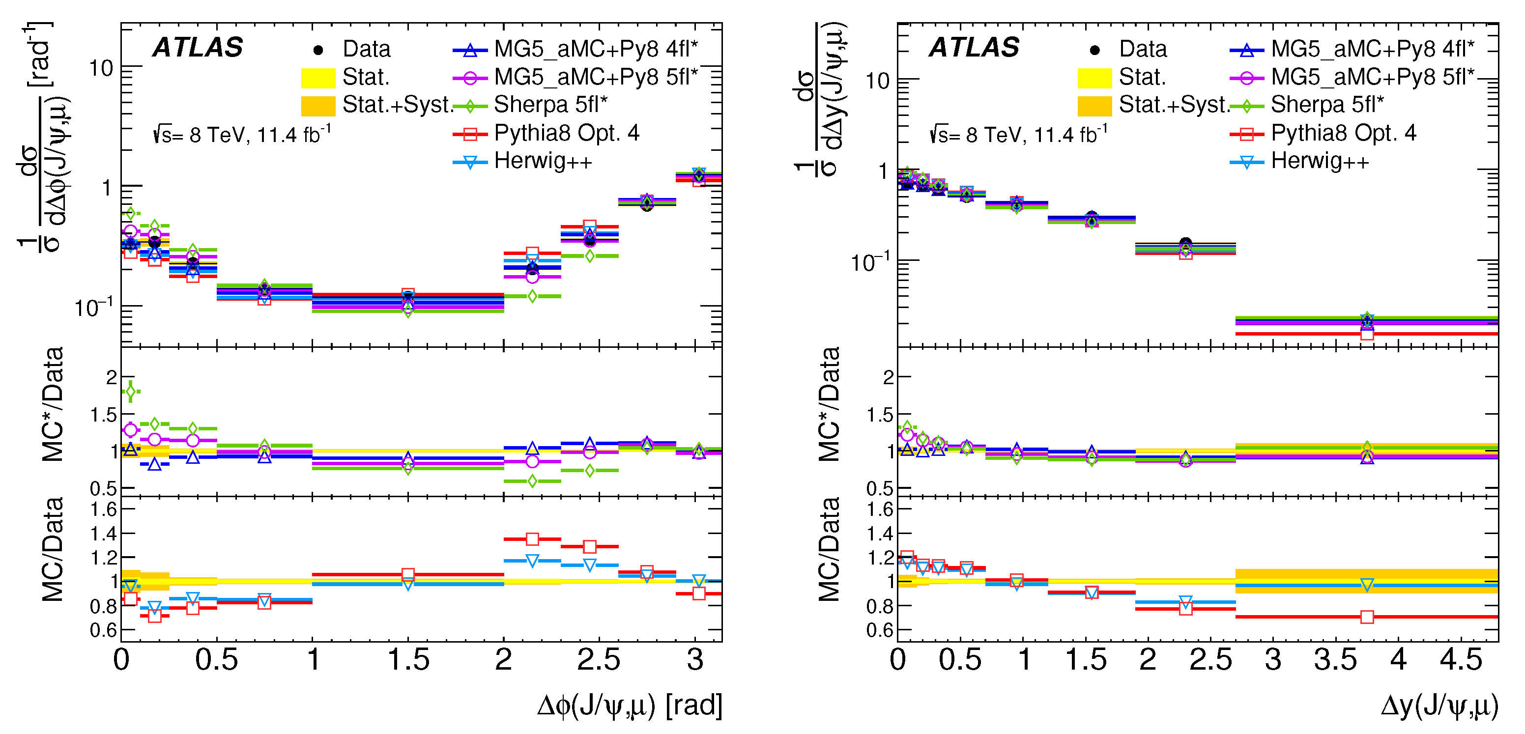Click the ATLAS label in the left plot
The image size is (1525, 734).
[198, 47]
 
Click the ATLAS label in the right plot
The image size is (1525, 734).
[974, 47]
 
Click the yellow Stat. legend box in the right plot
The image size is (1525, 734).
[1094, 78]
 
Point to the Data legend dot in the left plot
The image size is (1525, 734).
[318, 50]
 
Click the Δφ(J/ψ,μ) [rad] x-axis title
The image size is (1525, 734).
[629, 706]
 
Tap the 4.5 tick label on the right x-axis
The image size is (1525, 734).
[1461, 660]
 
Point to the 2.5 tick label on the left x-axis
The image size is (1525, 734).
[599, 660]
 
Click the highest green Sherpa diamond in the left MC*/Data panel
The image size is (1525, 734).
[130, 391]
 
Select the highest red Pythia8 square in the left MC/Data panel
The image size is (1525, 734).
[532, 539]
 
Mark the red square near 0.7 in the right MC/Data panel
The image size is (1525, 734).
[1367, 617]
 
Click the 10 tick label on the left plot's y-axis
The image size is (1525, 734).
[101, 69]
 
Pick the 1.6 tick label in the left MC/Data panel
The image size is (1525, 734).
[104, 509]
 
